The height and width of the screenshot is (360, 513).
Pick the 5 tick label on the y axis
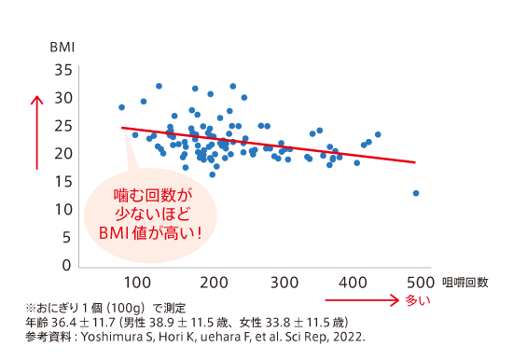click(x=65, y=239)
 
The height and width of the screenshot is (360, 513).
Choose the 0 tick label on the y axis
click(x=65, y=267)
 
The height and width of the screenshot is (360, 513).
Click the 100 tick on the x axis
click(x=136, y=283)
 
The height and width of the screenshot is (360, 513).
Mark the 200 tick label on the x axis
click(x=215, y=283)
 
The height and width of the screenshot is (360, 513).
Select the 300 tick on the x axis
click(x=284, y=283)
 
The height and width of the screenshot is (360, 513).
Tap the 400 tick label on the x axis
click(x=354, y=283)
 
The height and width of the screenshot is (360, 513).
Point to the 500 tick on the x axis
click(x=419, y=283)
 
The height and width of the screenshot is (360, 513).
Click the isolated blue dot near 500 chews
click(x=416, y=193)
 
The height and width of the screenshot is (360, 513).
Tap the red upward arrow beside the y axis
click(x=36, y=131)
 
